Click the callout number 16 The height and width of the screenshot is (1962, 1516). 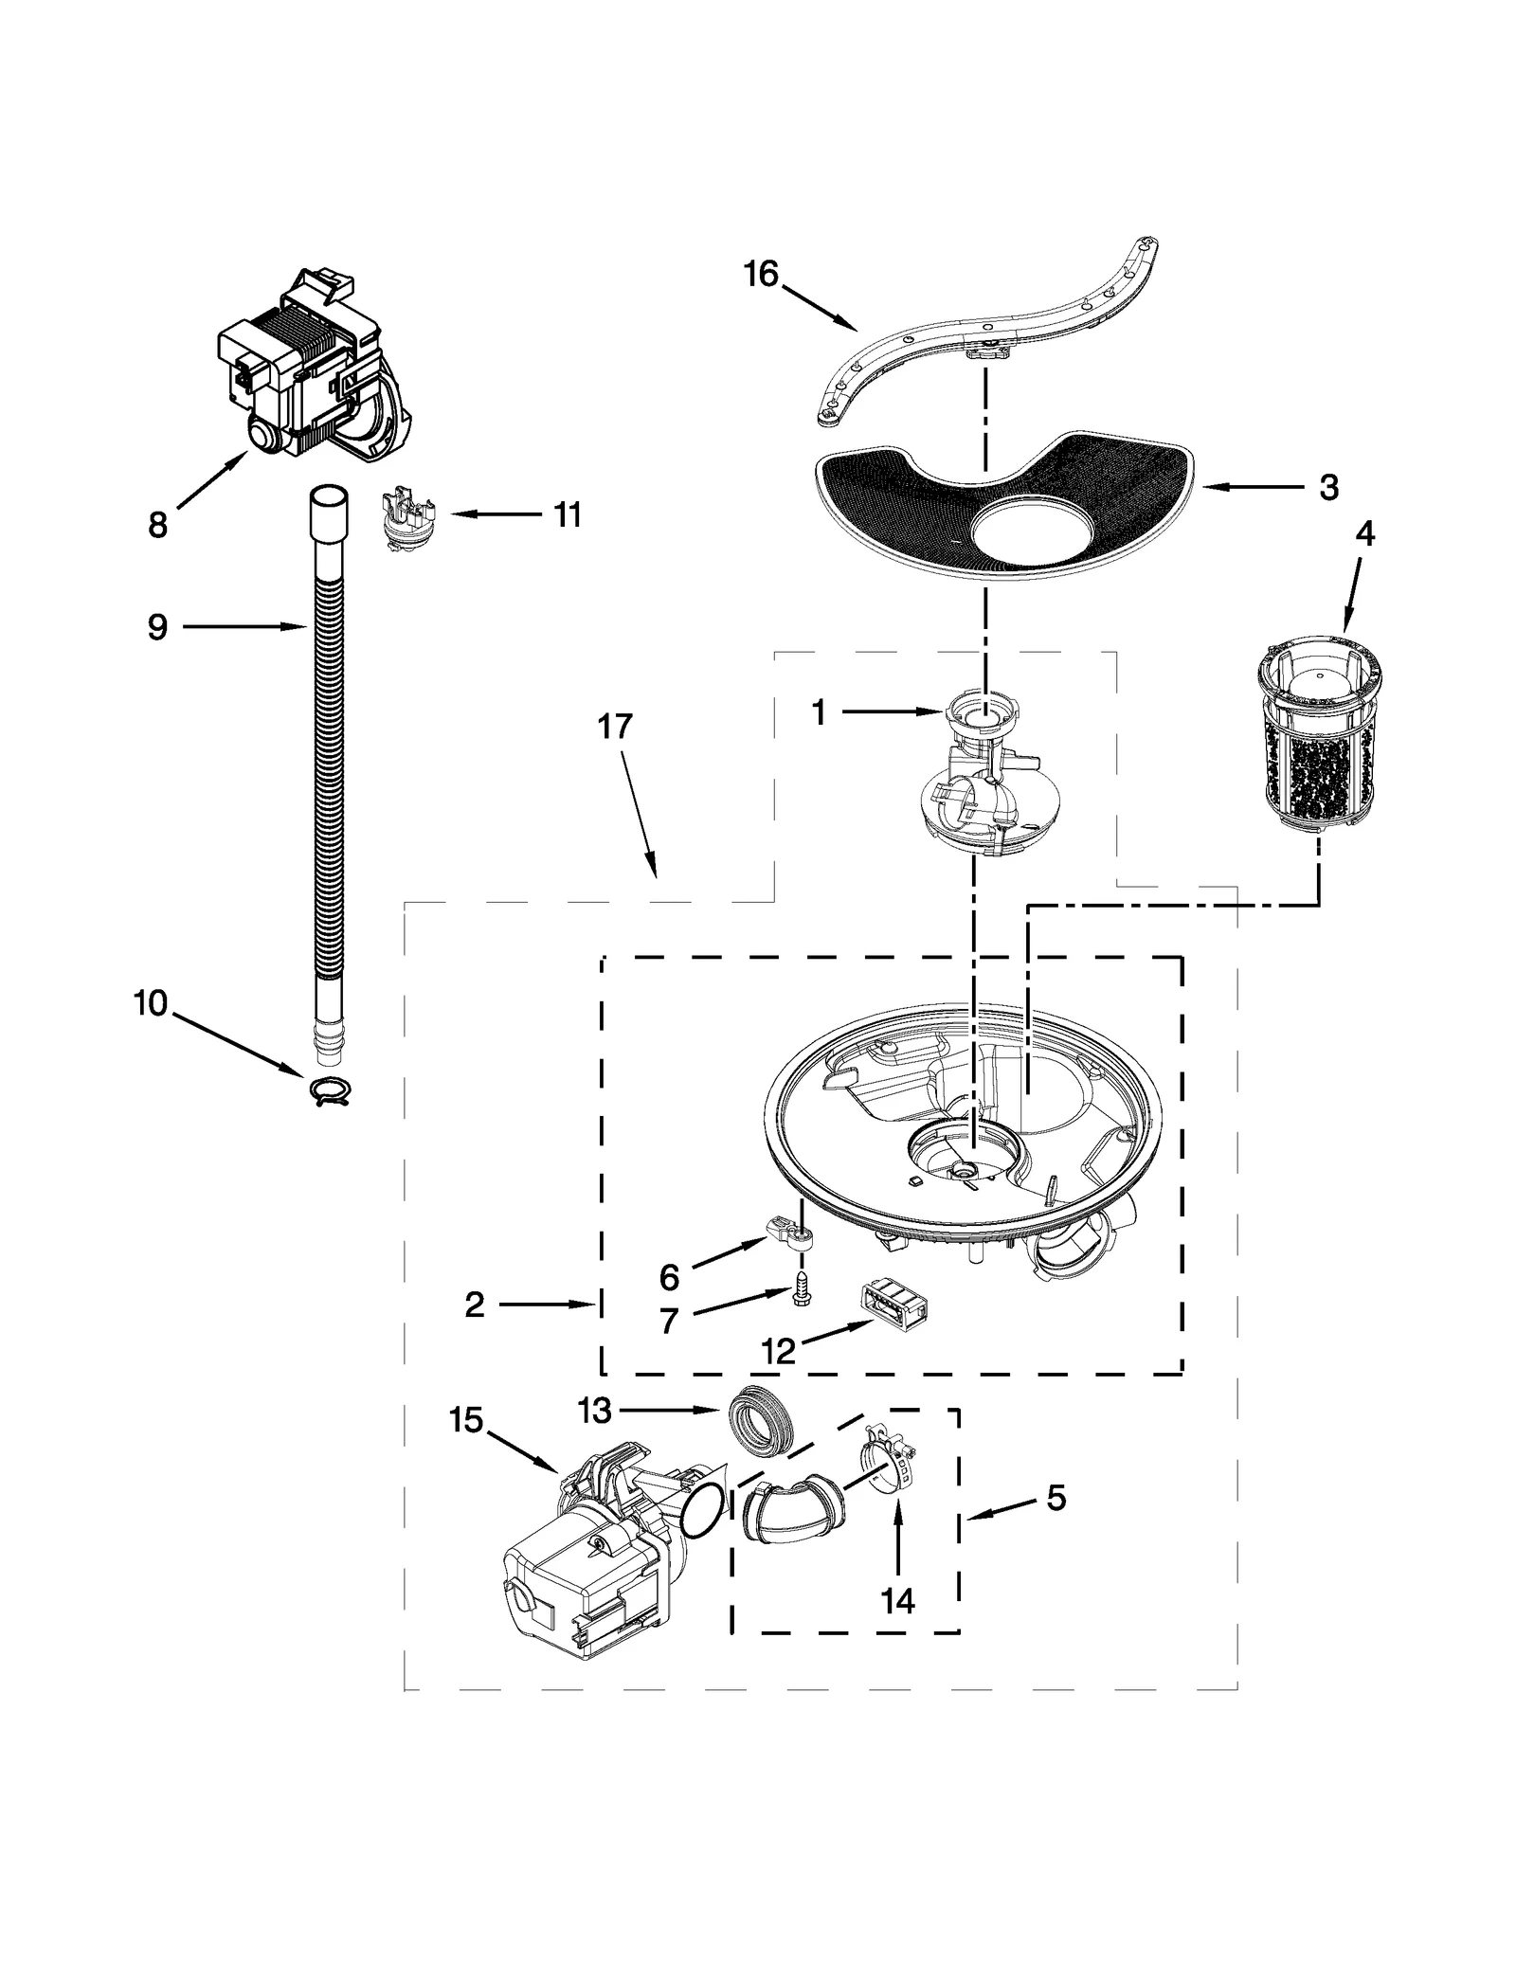pos(760,275)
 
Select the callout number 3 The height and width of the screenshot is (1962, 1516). pos(1328,488)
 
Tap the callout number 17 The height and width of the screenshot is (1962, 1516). pos(614,727)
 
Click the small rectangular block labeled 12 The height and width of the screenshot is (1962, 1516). pos(893,1311)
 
